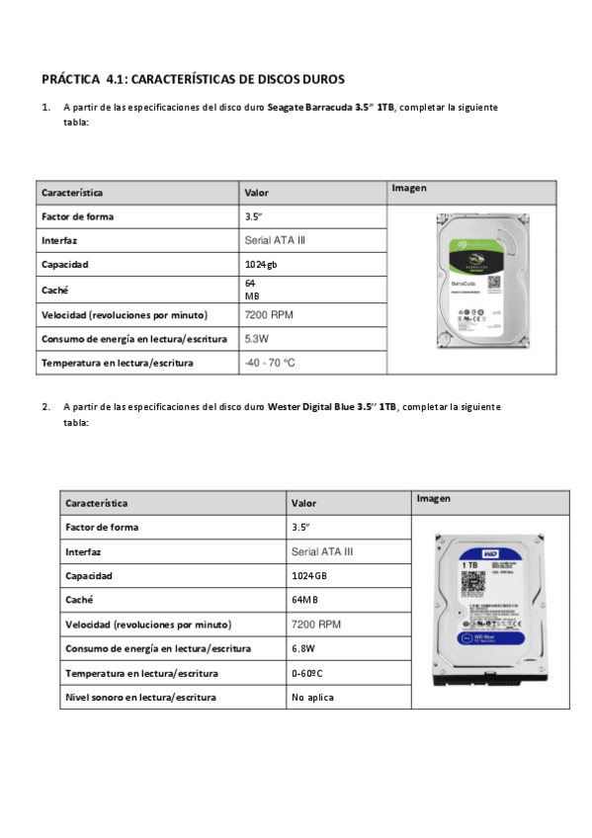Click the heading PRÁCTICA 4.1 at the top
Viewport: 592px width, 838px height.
tap(193, 79)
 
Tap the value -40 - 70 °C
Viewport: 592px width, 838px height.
tap(270, 363)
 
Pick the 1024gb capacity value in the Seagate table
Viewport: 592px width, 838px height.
tap(261, 265)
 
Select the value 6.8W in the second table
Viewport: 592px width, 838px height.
tap(303, 648)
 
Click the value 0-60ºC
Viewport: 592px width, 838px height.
tap(307, 673)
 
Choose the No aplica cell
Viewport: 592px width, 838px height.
tap(312, 697)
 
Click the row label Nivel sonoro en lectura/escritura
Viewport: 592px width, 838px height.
tap(140, 697)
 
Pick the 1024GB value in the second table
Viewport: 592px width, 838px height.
tap(309, 575)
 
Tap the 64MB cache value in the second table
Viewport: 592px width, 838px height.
tap(305, 600)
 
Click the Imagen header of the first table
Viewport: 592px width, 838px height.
tap(409, 188)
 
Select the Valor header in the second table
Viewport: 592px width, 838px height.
tap(304, 503)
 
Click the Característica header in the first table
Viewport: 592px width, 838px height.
tap(71, 193)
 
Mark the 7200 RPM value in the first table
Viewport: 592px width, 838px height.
tap(269, 315)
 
